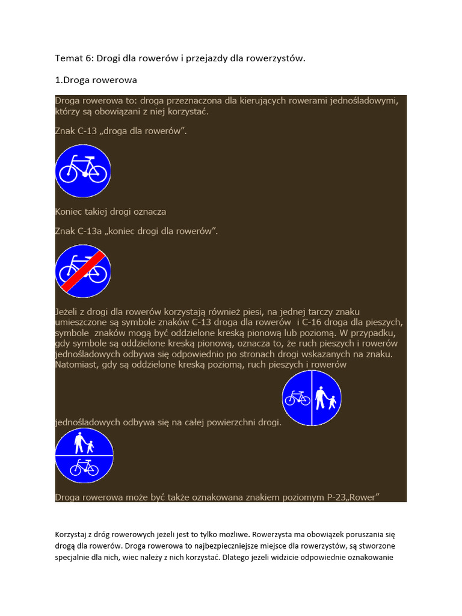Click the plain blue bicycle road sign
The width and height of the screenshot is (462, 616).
click(83, 171)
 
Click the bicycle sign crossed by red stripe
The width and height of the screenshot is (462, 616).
click(83, 271)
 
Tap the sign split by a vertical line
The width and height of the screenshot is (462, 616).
click(312, 398)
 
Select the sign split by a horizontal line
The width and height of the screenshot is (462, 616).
click(84, 456)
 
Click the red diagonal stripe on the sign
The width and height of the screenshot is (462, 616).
click(84, 272)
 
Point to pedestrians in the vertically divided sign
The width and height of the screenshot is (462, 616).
click(327, 398)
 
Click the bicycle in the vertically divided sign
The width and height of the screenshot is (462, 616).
click(297, 398)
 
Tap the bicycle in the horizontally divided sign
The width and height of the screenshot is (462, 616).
click(84, 467)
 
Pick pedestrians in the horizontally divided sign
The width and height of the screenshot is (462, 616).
click(84, 444)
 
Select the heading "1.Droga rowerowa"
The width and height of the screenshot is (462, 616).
click(96, 80)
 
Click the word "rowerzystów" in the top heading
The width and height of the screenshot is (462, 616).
click(275, 58)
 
